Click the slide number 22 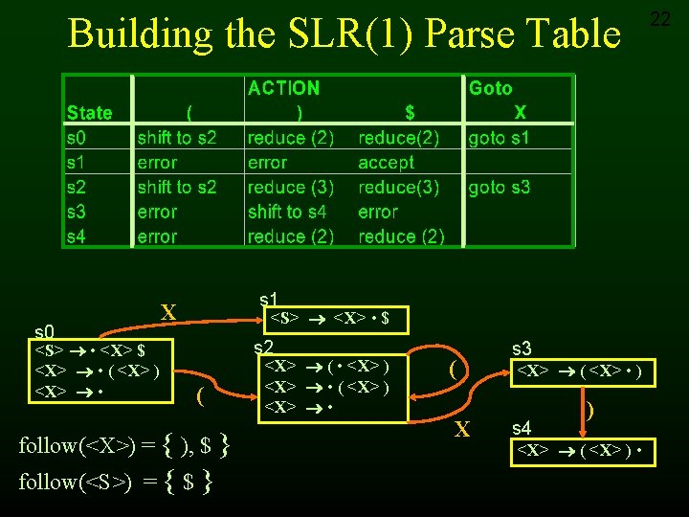(660, 18)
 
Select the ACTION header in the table (283, 88)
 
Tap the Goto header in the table (490, 88)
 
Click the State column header (89, 113)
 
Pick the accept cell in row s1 (387, 163)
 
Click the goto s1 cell (499, 138)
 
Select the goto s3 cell (499, 188)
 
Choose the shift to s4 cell (287, 213)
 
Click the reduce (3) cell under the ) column (290, 188)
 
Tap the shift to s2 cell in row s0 (177, 138)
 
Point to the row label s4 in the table (76, 236)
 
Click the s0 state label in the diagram (44, 331)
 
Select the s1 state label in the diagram (269, 300)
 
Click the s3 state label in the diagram (522, 349)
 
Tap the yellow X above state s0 (168, 312)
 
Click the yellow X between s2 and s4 (462, 430)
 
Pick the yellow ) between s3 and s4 (589, 409)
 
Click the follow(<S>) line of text (115, 482)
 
